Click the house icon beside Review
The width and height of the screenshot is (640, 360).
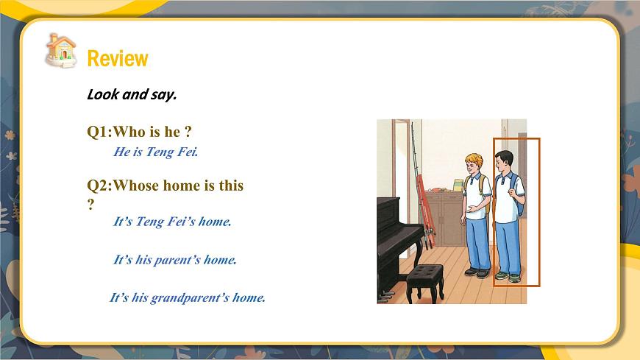(61, 50)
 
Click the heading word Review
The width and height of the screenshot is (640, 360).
(118, 59)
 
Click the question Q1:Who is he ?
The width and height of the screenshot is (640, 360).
(140, 132)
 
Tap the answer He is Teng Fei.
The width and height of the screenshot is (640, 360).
(156, 152)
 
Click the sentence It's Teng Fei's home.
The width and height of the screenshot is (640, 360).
(172, 221)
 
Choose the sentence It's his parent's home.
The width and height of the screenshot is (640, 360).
(174, 260)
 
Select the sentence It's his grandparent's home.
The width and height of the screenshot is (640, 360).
(187, 298)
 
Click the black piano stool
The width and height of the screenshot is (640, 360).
(424, 280)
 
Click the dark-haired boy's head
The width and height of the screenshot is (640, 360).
(504, 160)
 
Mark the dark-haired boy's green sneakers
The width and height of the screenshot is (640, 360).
(508, 277)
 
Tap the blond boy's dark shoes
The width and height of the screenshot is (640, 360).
(477, 272)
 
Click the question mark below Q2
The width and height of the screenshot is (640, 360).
(90, 204)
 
